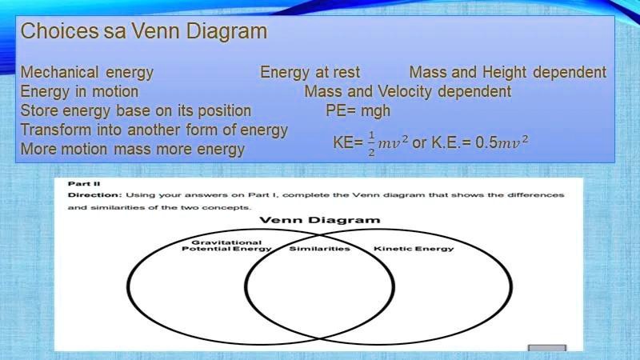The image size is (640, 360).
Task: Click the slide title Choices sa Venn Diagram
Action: [143, 32]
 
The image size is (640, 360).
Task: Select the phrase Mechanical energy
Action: [86, 72]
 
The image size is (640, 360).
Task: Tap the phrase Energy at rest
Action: [310, 72]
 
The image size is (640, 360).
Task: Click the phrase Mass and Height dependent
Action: [507, 72]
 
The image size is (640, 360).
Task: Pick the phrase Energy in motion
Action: [79, 91]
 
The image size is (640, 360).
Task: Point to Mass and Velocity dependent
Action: [407, 91]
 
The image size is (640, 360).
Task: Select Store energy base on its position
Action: [135, 110]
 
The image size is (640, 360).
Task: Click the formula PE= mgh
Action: [358, 110]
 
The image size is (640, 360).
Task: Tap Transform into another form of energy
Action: [154, 130]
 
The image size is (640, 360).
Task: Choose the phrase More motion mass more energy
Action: [132, 149]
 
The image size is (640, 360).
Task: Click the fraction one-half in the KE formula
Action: [371, 144]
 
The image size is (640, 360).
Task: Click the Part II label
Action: [78, 183]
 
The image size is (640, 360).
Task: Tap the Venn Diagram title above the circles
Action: [319, 220]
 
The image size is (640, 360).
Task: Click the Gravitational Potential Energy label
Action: [226, 245]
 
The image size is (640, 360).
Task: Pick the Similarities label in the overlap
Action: [319, 249]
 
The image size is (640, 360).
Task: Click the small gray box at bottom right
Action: [547, 349]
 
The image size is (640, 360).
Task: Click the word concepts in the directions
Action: [232, 207]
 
